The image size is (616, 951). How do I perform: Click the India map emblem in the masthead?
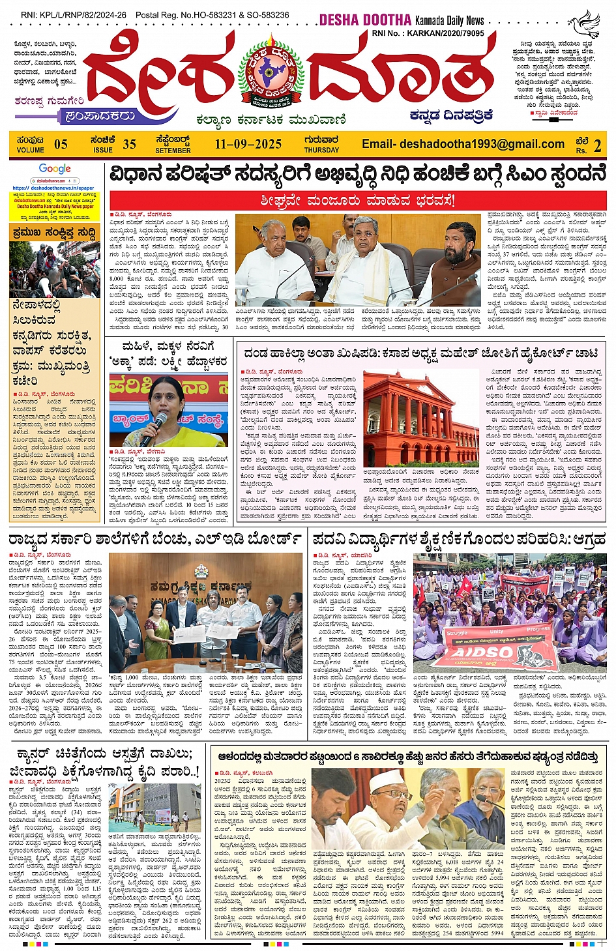point(271,72)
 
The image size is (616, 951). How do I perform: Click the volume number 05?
point(61,145)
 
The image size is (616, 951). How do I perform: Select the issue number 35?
point(129,145)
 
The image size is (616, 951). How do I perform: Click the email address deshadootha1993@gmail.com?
point(463,145)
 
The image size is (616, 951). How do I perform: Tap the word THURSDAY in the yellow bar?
point(321,150)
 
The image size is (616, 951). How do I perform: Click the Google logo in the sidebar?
point(55,169)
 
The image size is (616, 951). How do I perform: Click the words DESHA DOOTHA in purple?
point(365,20)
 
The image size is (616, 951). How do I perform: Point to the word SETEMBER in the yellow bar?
point(173,151)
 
